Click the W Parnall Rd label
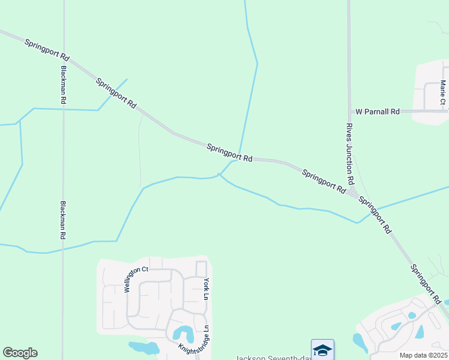coord(378,112)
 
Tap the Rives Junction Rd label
coord(349,155)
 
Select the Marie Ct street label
coord(443,92)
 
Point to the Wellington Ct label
coord(136,279)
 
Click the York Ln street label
coord(205,289)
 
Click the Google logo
coord(20,353)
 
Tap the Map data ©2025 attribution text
coord(423,355)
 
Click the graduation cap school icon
coord(322,350)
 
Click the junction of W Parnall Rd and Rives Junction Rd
coord(349,112)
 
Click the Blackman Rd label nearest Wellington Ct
coord(62,220)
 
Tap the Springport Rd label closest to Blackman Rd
coord(47,49)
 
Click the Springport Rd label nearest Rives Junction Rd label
coord(324,181)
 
